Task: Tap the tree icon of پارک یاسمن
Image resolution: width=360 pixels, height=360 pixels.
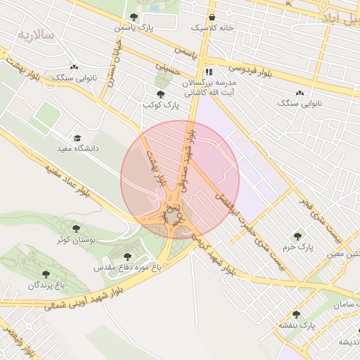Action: (134, 17)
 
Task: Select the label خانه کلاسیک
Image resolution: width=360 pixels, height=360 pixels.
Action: (212, 28)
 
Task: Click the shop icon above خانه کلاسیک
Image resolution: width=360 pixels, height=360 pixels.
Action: (212, 17)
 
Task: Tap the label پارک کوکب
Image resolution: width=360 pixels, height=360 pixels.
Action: (161, 105)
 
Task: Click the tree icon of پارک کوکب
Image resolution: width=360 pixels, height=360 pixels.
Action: (161, 94)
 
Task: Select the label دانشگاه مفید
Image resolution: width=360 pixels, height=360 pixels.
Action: (77, 149)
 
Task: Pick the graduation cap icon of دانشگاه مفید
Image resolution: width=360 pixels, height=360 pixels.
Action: (77, 138)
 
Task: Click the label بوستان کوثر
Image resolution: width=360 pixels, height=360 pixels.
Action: (76, 240)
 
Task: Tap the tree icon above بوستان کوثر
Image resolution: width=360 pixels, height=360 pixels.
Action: (76, 229)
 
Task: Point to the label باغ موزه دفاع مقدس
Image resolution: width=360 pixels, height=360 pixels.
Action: (127, 268)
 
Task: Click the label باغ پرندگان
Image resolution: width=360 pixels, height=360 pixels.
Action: (46, 285)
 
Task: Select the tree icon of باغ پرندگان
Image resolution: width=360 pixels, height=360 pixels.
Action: (46, 274)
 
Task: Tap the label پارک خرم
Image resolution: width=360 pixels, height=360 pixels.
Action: (297, 247)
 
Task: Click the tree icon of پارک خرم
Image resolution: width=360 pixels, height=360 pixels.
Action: (297, 236)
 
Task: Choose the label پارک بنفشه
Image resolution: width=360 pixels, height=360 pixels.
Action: (296, 326)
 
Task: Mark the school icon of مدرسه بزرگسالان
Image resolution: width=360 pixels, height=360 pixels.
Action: (208, 72)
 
